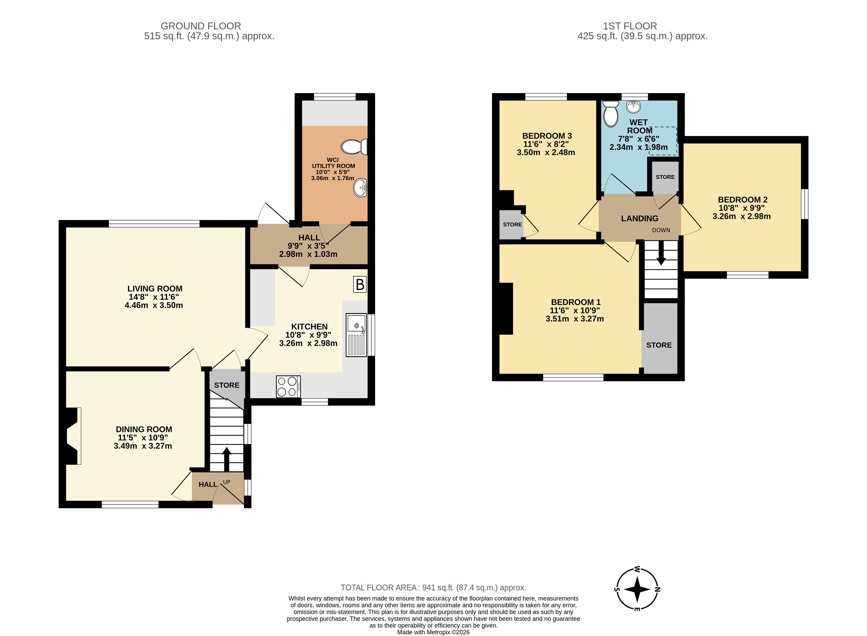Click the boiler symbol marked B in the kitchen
(360, 284)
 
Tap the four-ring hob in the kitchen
(288, 386)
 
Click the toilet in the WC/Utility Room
(354, 147)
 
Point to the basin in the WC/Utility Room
(360, 188)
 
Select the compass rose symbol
(637, 589)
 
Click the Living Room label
(155, 289)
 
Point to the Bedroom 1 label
(576, 302)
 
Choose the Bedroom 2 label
(743, 200)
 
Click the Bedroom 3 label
(547, 136)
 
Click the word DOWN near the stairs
(661, 230)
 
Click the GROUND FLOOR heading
(201, 26)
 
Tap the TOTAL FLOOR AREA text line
(433, 588)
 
